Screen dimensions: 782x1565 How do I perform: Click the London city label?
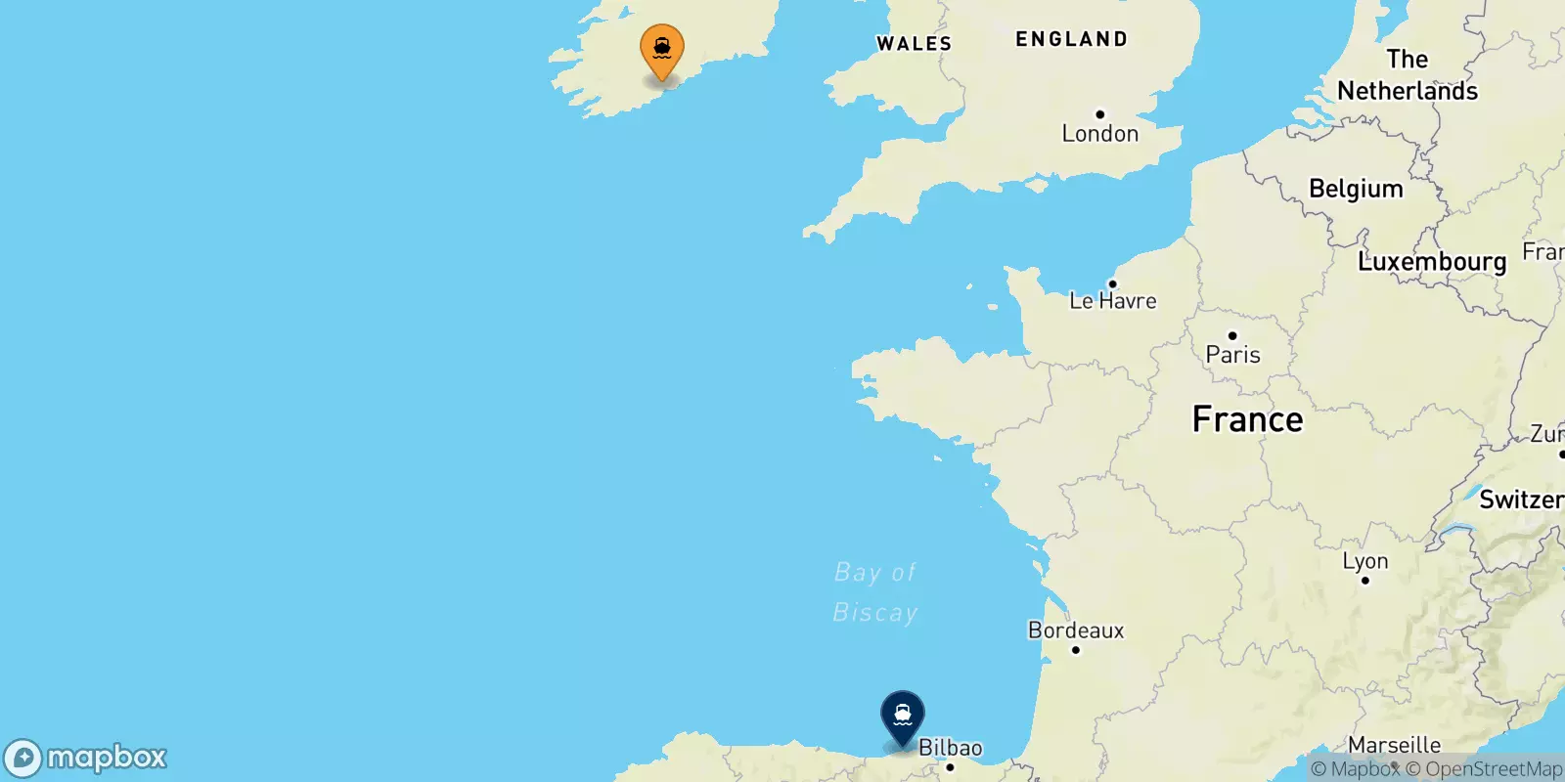[1099, 134]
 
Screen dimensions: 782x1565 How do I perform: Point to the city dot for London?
[1099, 114]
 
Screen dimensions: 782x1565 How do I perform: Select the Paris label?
[1232, 355]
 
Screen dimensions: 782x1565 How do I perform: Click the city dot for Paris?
[1231, 336]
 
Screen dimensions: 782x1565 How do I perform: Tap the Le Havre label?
[1112, 301]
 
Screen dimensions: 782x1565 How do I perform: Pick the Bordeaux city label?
[1075, 630]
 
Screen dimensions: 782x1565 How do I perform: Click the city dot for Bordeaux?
[1075, 650]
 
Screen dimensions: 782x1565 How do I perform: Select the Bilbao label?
[950, 748]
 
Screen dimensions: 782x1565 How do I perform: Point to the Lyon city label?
[1364, 561]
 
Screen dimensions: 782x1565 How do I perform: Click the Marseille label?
[1394, 745]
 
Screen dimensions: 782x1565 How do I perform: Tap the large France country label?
[1247, 419]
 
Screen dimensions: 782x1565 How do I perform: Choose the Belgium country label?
[1356, 189]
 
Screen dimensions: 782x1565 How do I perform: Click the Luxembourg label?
[1432, 262]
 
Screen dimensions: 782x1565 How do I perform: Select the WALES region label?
[914, 44]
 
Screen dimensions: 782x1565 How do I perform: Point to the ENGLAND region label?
[1071, 39]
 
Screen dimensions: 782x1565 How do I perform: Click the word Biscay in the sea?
[874, 613]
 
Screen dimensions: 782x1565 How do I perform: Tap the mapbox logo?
[86, 758]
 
